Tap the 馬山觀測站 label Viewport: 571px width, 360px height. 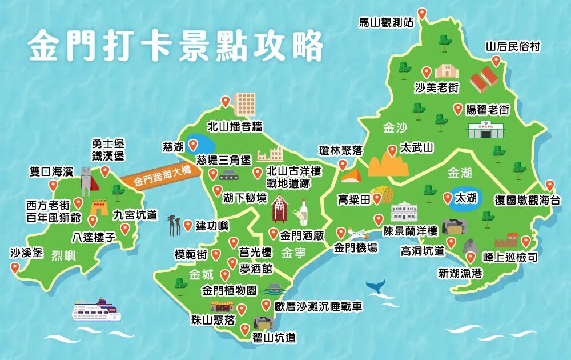coord(386,23)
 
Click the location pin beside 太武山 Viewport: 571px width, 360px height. coord(392,150)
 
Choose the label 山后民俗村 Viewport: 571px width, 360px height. coord(513,46)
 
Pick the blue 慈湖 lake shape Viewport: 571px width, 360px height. coord(196,143)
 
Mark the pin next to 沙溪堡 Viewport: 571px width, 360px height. coord(15,267)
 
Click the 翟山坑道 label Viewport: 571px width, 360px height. coord(274,338)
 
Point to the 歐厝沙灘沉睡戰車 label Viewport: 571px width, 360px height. coord(318,307)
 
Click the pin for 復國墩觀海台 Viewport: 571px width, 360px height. coord(549,185)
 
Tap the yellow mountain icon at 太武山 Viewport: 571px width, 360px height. coord(388,166)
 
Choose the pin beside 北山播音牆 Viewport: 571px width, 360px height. coord(226,101)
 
